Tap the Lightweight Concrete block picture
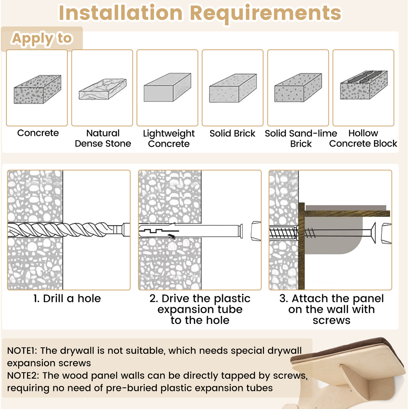[x=167, y=87]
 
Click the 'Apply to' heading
[x=42, y=39]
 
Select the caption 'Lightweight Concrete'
[x=169, y=139]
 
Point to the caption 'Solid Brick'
[x=232, y=133]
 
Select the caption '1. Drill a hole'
[x=67, y=299]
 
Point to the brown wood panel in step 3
[x=303, y=245]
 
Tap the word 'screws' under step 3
[x=331, y=320]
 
